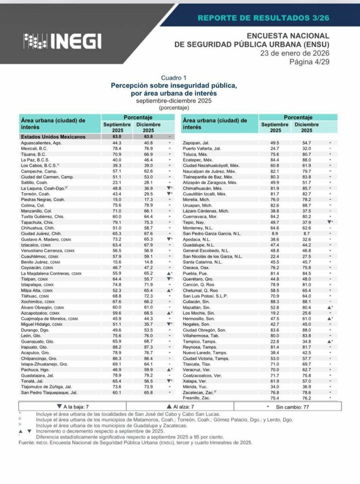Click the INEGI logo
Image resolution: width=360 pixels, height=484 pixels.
click(x=63, y=42)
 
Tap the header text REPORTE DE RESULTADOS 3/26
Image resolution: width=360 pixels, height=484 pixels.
click(x=263, y=18)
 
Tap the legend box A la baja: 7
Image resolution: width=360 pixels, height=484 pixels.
click(x=72, y=406)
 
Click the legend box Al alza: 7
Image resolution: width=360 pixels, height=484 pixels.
click(x=180, y=406)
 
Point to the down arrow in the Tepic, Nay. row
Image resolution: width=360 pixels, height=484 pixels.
click(x=329, y=222)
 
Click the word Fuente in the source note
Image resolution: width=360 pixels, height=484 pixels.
click(x=26, y=442)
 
